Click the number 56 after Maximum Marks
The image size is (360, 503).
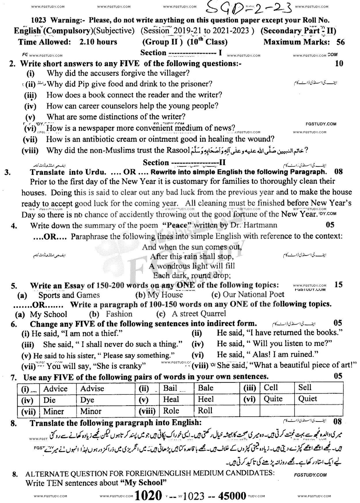point(340,42)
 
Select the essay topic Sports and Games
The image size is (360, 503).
point(69,295)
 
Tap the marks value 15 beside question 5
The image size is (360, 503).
point(339,285)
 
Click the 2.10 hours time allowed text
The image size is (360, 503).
point(98,42)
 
